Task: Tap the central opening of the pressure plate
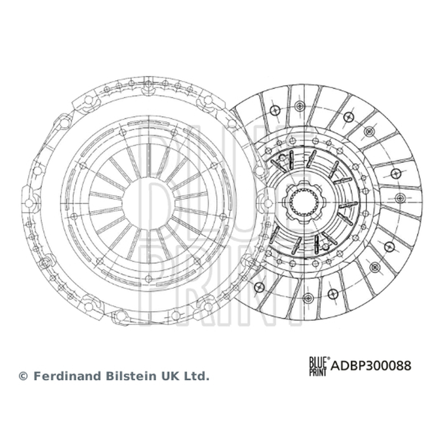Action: [x=148, y=203]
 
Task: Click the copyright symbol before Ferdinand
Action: [x=23, y=376]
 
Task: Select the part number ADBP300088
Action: [x=371, y=366]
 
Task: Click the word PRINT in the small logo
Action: [x=318, y=371]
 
